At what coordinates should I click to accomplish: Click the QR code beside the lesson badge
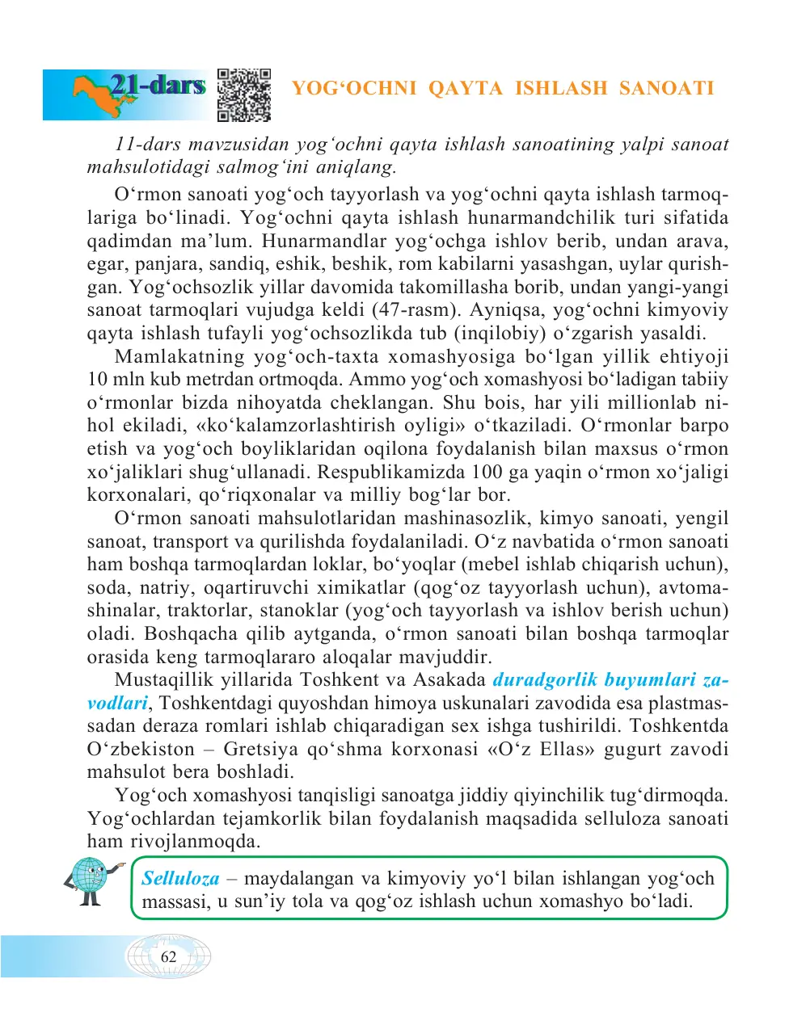pos(244,95)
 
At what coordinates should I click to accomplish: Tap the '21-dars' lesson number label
pos(158,85)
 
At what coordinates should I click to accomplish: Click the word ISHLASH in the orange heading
pos(560,88)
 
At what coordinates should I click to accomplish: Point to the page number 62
pos(168,956)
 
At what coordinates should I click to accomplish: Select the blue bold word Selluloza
pos(180,878)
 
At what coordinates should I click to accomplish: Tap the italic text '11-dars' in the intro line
pos(147,144)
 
